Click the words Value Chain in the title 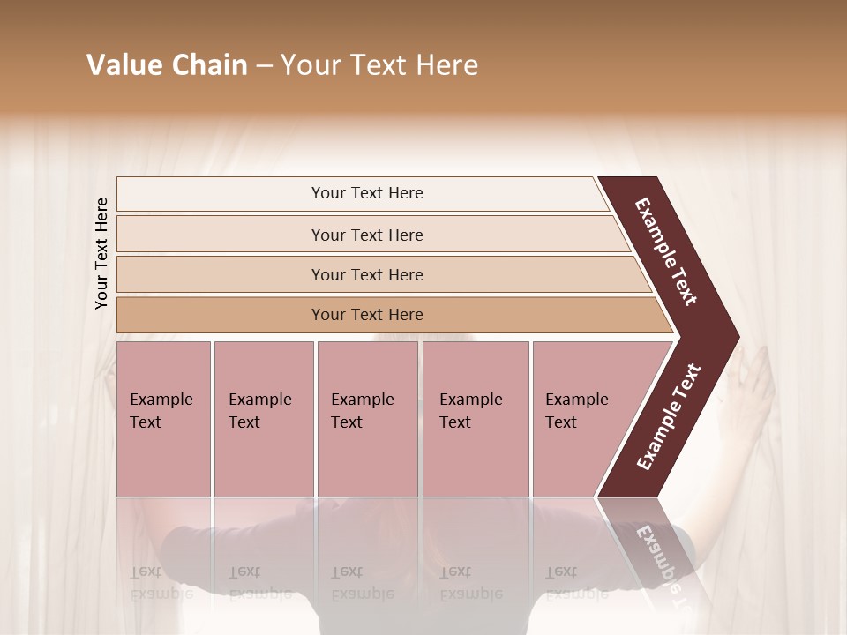(x=167, y=65)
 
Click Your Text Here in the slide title (x=379, y=65)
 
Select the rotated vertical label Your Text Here (x=101, y=253)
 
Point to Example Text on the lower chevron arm (x=668, y=416)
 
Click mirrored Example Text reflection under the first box (x=161, y=583)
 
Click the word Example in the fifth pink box (x=576, y=400)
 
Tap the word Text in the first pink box (x=146, y=422)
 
